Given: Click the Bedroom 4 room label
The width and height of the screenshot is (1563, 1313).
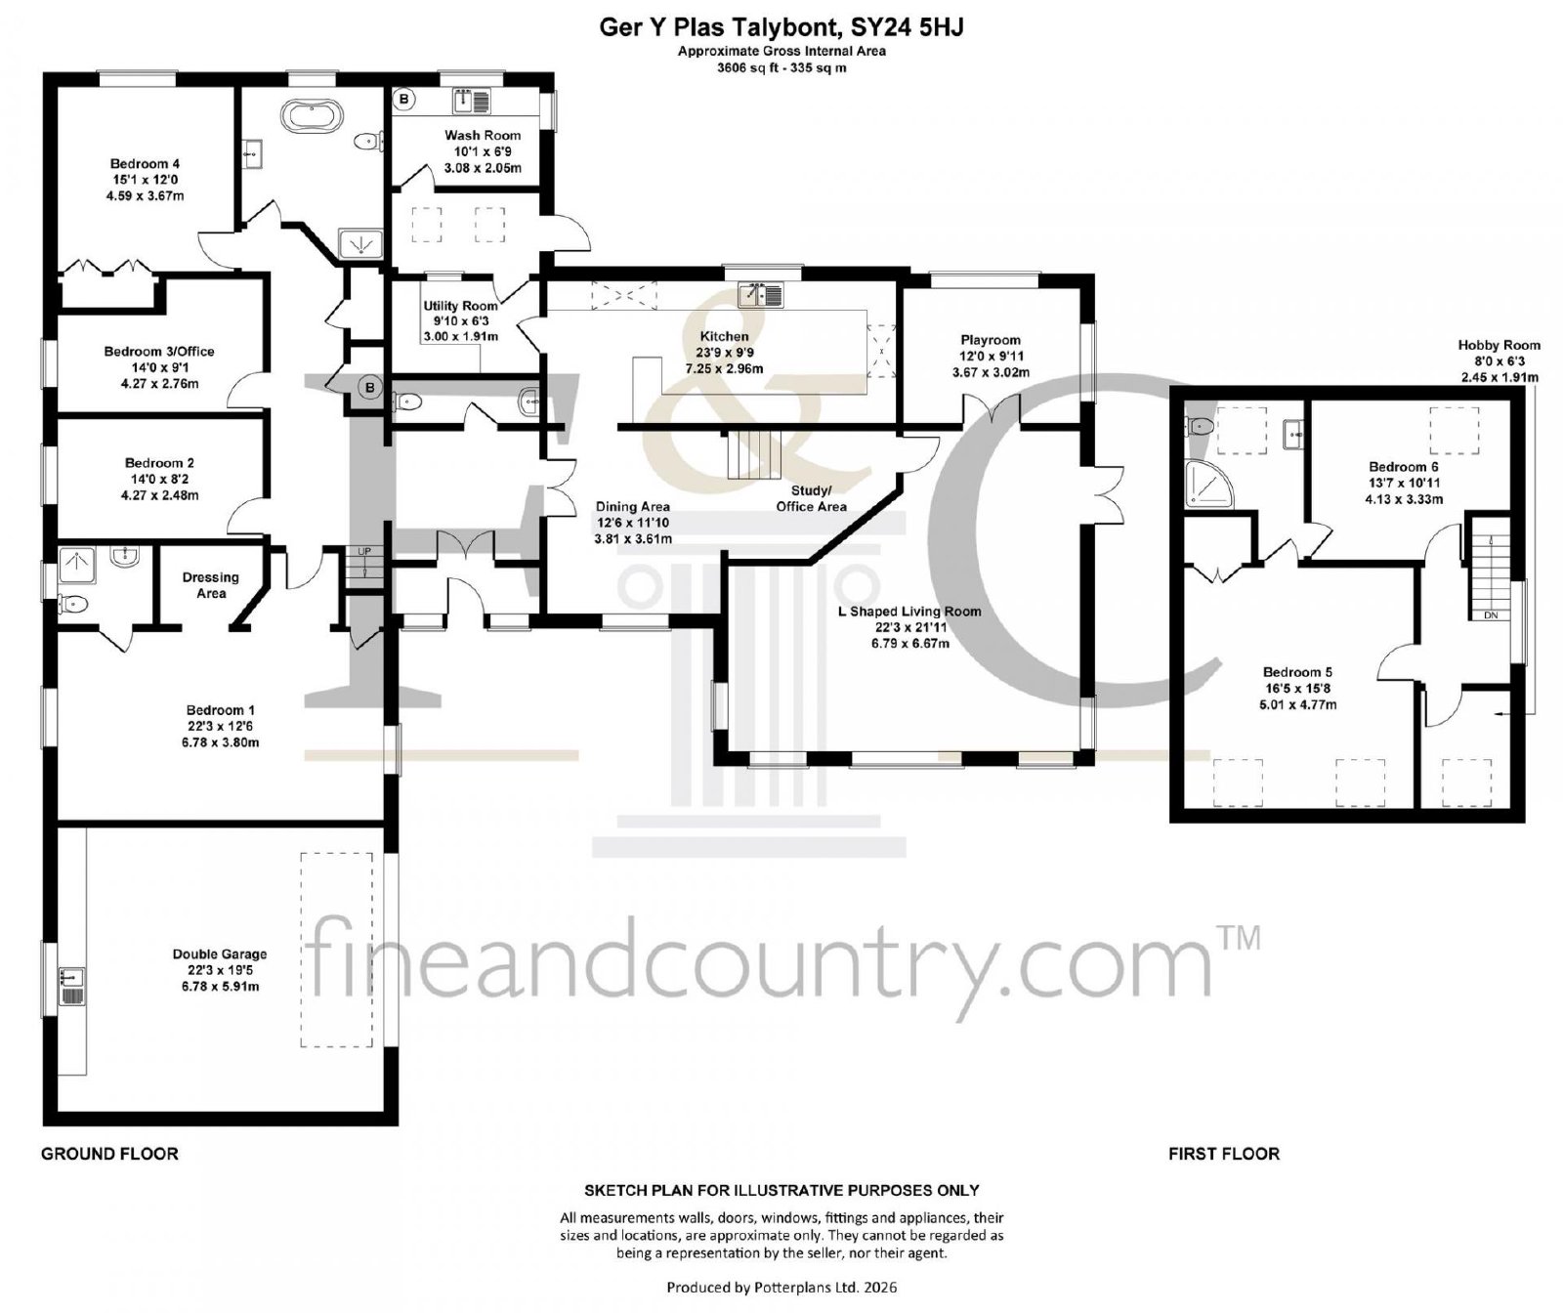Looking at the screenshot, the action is click(145, 180).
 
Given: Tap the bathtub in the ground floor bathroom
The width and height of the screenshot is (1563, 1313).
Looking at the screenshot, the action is click(312, 116).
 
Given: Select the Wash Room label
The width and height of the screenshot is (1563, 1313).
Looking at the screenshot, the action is click(483, 151).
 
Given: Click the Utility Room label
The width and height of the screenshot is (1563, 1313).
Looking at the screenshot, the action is click(460, 320).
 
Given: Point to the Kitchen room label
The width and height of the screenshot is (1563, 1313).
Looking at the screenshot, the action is click(724, 353).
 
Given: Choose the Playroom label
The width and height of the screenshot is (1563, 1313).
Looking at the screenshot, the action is click(991, 356).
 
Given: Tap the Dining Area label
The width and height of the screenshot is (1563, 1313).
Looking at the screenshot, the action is click(633, 523).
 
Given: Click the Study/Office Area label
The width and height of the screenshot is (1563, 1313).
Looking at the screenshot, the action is click(811, 498).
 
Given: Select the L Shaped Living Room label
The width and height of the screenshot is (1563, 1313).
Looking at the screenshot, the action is click(909, 627).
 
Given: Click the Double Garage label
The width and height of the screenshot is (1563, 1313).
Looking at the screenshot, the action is click(220, 970).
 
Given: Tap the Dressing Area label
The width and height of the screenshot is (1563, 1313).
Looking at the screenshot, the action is click(210, 585).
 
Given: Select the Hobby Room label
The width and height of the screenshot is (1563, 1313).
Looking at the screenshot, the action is click(1499, 360).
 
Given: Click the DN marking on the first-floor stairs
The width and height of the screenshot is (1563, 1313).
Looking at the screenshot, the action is click(1491, 615).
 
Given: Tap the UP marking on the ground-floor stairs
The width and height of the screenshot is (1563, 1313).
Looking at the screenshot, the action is click(364, 552).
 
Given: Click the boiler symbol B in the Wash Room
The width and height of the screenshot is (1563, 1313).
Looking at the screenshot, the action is click(404, 100).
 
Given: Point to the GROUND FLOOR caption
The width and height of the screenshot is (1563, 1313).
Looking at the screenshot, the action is click(109, 1154).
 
